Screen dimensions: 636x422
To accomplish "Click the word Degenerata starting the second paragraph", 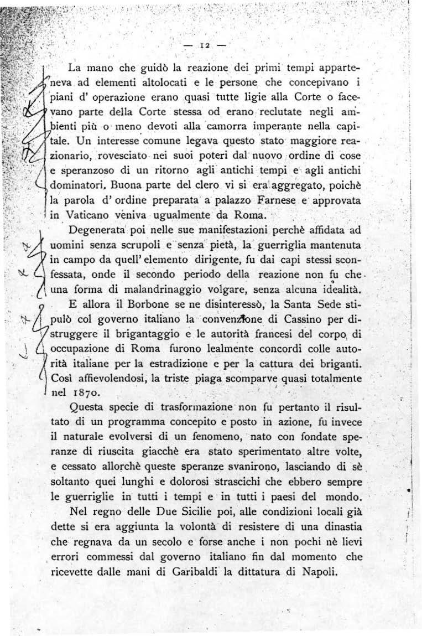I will (97, 228).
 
